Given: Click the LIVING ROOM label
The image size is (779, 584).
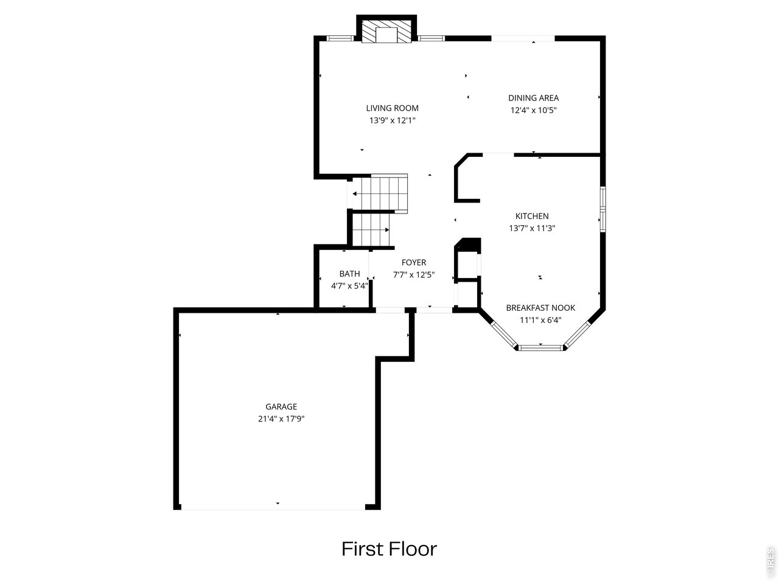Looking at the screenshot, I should (x=392, y=108).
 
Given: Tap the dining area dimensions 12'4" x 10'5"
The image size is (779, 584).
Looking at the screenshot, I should (x=533, y=110).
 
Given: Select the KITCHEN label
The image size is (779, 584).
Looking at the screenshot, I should (x=532, y=216).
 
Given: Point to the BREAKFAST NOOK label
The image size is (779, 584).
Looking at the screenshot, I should (x=540, y=308).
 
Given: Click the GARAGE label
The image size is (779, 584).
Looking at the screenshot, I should (x=281, y=406).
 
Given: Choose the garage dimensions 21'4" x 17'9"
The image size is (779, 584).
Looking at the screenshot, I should (x=281, y=419).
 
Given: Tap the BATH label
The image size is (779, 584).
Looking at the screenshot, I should (x=349, y=274).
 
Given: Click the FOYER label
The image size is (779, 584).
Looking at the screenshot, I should (x=413, y=262).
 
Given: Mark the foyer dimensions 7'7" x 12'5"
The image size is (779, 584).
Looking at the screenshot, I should (x=413, y=274).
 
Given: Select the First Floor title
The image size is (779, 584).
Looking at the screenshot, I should (x=389, y=549).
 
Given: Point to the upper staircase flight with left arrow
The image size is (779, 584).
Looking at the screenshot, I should (x=380, y=193).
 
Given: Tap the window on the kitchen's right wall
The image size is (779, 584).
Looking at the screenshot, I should (x=602, y=209).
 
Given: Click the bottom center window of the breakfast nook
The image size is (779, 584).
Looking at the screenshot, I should (x=540, y=347).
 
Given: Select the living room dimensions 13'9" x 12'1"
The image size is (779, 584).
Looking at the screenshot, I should (x=392, y=120).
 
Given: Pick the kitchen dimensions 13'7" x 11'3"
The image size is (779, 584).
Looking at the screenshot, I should (x=532, y=228).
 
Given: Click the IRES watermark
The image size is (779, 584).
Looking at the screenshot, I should (x=770, y=562).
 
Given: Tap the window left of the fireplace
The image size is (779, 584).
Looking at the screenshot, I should (x=340, y=38).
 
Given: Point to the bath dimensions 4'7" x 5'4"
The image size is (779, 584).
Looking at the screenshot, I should (x=349, y=286).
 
